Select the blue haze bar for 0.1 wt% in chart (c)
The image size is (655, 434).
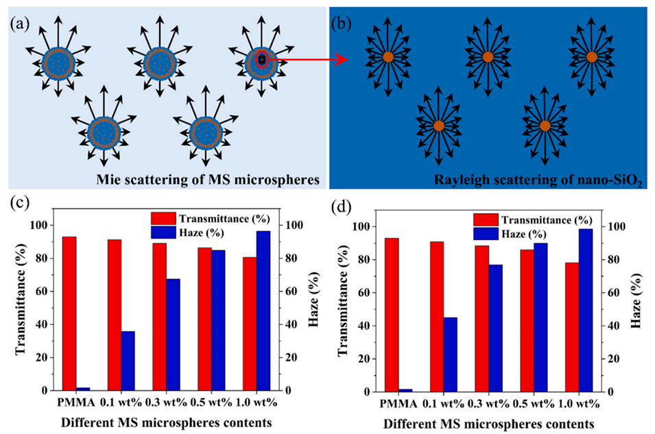tap(128, 361)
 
